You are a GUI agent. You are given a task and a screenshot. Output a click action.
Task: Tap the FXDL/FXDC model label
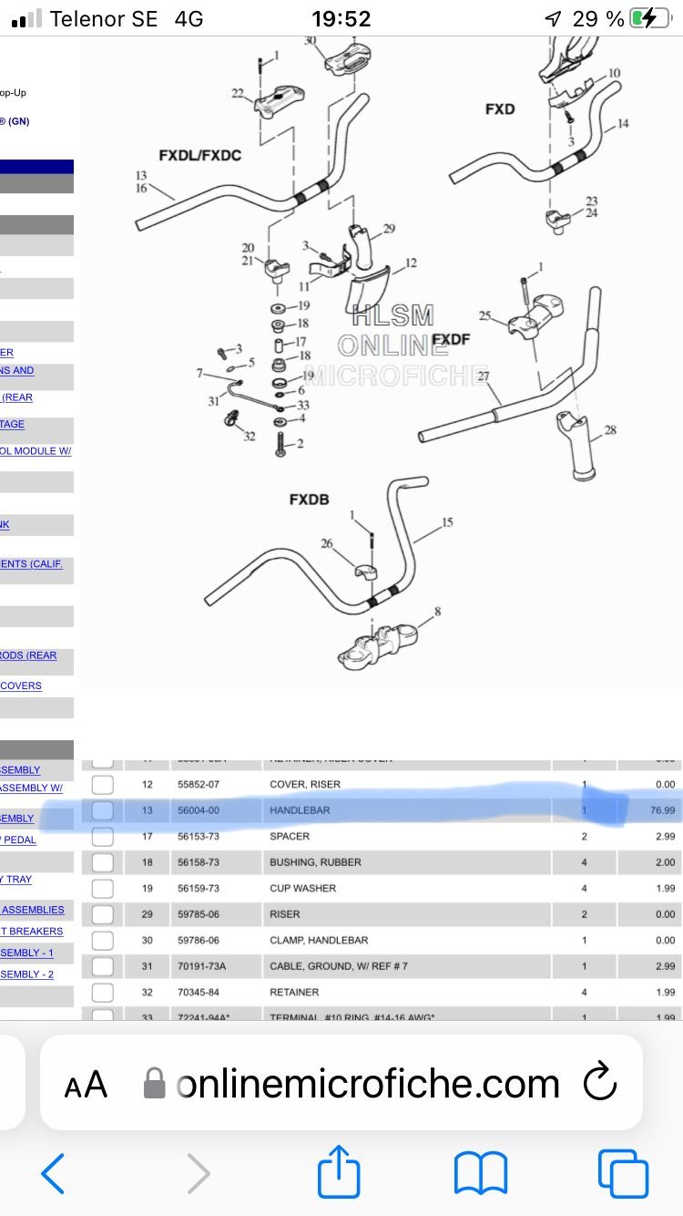coord(199,155)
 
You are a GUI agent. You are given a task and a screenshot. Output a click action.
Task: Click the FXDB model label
coord(309,500)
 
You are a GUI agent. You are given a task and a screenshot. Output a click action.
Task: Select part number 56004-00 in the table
coord(193,810)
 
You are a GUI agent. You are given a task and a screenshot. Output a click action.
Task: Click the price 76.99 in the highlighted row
coord(664,810)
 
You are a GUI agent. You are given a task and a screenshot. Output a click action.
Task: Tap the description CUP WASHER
coord(302,888)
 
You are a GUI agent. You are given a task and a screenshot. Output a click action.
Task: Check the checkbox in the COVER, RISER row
coord(103,784)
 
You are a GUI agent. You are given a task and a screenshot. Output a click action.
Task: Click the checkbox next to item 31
coord(103,966)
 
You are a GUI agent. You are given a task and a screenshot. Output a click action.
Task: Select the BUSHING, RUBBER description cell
coord(315,862)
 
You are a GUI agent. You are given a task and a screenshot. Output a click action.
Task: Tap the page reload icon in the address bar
coord(600,1083)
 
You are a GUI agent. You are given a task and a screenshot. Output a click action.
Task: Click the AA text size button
coord(86,1085)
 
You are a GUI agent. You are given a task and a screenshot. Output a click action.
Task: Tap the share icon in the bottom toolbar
coord(339,1172)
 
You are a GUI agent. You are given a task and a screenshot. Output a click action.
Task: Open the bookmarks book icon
coord(480,1172)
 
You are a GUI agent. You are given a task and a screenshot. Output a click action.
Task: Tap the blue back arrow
coord(54,1172)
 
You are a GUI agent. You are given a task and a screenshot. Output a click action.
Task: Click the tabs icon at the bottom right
coord(622,1172)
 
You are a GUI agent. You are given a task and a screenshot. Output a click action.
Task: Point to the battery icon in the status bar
coord(650,18)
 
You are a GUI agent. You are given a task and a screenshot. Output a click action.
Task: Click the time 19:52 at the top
coord(341,18)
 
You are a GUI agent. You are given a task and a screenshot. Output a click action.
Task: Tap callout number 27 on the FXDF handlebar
coord(483,376)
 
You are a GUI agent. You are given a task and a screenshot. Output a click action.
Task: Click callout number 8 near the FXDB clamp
coord(437,612)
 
